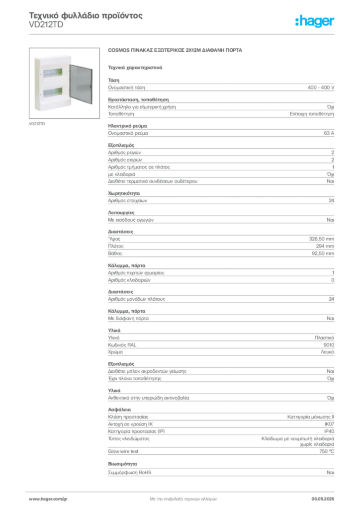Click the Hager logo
[x=314, y=21]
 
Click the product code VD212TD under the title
[x=46, y=25]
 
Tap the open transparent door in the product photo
[x=81, y=84]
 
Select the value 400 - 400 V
[x=321, y=87]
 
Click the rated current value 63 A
[x=329, y=133]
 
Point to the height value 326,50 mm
[x=321, y=239]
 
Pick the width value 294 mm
[x=325, y=246]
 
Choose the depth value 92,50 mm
[x=323, y=253]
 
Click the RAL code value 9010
[x=329, y=345]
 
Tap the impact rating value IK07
[x=329, y=424]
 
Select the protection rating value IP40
[x=329, y=431]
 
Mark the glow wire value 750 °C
[x=327, y=451]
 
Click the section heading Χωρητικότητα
[x=124, y=193]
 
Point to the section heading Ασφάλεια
[x=119, y=410]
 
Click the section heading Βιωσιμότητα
[x=122, y=464]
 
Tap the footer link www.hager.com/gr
[x=48, y=499]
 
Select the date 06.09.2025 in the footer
[x=323, y=499]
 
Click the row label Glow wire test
[x=123, y=451]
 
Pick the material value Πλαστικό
[x=324, y=338]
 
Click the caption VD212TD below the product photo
[x=37, y=124]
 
